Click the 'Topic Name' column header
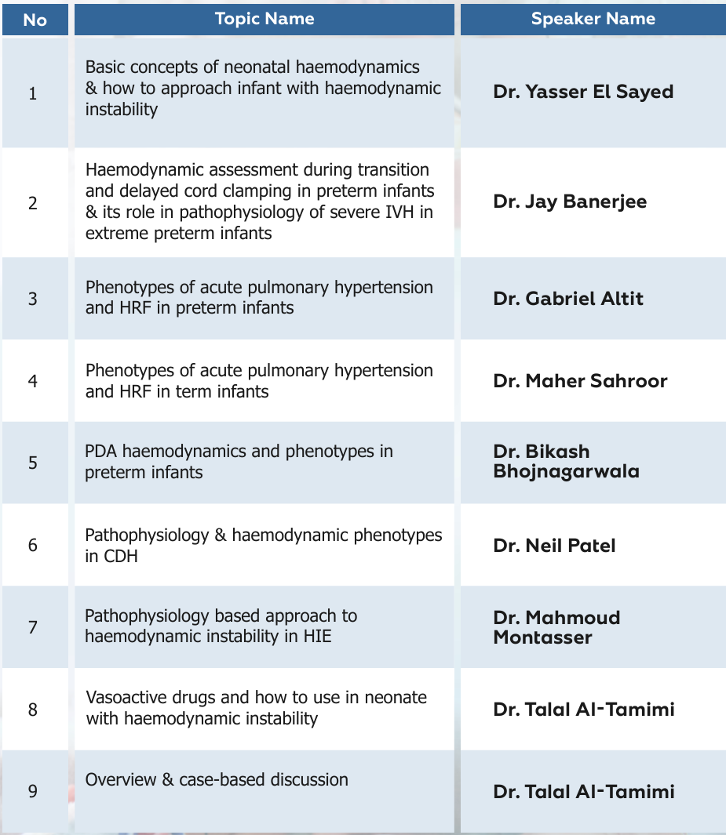(x=264, y=19)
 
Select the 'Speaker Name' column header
(x=593, y=19)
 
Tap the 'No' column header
(x=35, y=20)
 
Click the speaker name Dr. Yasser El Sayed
(x=583, y=92)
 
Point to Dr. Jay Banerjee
(x=570, y=201)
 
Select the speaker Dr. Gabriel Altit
(x=568, y=299)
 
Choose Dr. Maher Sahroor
(x=580, y=381)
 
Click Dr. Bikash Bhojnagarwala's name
(x=566, y=462)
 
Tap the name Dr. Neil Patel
(x=554, y=545)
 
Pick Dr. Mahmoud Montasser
(x=556, y=626)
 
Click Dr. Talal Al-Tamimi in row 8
(x=584, y=710)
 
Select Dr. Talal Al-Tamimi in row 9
(x=584, y=791)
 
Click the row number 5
(x=32, y=463)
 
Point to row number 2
(x=32, y=203)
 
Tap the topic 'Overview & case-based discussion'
(x=217, y=780)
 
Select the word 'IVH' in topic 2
(x=400, y=212)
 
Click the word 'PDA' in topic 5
(x=100, y=452)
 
